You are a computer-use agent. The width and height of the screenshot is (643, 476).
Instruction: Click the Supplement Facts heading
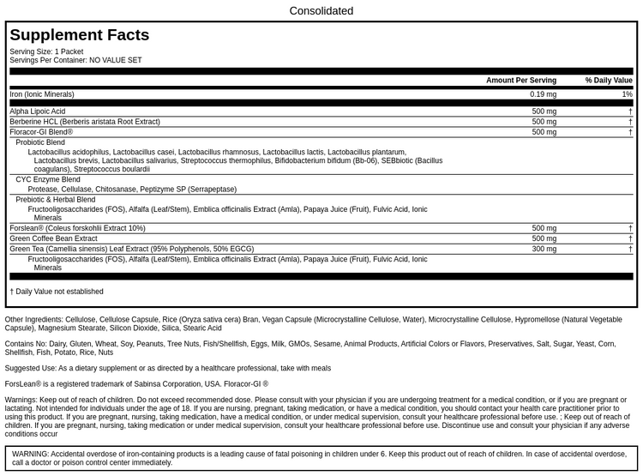click(80, 35)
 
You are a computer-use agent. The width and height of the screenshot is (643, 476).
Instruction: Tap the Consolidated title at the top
click(321, 11)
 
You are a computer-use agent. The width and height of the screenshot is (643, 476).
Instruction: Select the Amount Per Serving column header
click(520, 81)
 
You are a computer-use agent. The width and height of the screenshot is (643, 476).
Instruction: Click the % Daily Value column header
click(609, 81)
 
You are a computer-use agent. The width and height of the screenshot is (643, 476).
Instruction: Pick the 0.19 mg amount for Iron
click(543, 94)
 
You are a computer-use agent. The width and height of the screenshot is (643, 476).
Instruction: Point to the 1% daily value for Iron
click(627, 94)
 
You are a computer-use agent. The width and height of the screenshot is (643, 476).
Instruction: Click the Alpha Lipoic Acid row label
click(38, 111)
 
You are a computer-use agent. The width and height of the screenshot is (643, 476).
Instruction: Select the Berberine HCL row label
click(85, 122)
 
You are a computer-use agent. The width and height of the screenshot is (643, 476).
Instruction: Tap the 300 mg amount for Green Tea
click(544, 249)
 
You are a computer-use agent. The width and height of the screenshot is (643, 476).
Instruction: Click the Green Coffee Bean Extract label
click(53, 238)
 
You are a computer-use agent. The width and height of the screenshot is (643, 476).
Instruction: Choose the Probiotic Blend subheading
click(40, 142)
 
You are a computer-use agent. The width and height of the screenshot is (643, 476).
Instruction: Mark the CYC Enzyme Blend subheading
click(48, 179)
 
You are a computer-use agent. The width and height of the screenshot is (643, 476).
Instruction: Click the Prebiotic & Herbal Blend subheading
click(56, 199)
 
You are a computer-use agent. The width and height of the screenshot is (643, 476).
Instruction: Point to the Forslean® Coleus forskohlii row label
click(77, 228)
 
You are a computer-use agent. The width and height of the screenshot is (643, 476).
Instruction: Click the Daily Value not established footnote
click(57, 292)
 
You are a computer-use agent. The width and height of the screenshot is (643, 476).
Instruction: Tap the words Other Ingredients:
click(33, 319)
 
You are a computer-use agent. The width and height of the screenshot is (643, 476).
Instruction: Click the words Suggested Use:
click(30, 368)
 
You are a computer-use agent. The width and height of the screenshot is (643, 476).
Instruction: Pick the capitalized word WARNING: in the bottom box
click(30, 453)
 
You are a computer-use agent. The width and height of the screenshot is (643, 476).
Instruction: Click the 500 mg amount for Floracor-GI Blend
click(544, 132)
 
